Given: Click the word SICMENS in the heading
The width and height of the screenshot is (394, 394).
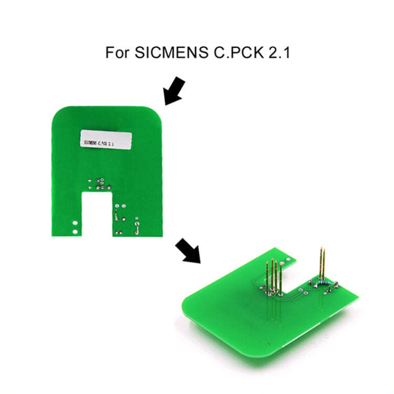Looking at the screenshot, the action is click(171, 52).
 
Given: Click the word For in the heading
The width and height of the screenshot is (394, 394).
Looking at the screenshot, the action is click(117, 53).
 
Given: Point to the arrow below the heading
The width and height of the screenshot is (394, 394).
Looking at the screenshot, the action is click(174, 91).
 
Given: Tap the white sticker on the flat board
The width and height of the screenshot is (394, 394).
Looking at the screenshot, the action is click(106, 139).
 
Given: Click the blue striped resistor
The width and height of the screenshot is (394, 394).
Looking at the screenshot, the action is click(323, 283).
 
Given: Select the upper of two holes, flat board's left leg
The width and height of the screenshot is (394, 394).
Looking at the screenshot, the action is click(75, 223).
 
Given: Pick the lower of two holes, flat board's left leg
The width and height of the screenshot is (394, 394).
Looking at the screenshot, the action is click(75, 232).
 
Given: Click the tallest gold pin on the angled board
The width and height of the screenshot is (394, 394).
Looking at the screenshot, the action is click(322, 263).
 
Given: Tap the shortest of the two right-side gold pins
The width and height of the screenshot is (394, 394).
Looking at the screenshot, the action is click(325, 264).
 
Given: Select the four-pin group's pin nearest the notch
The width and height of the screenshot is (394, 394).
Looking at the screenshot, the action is click(281, 278).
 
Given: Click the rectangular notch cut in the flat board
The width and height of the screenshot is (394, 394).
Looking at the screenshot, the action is click(97, 214).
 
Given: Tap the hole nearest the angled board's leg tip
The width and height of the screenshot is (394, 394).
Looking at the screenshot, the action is click(288, 260).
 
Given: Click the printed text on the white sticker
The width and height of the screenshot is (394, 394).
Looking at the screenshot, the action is click(99, 143).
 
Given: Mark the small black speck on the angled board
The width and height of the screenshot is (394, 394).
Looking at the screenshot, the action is click(268, 343).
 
